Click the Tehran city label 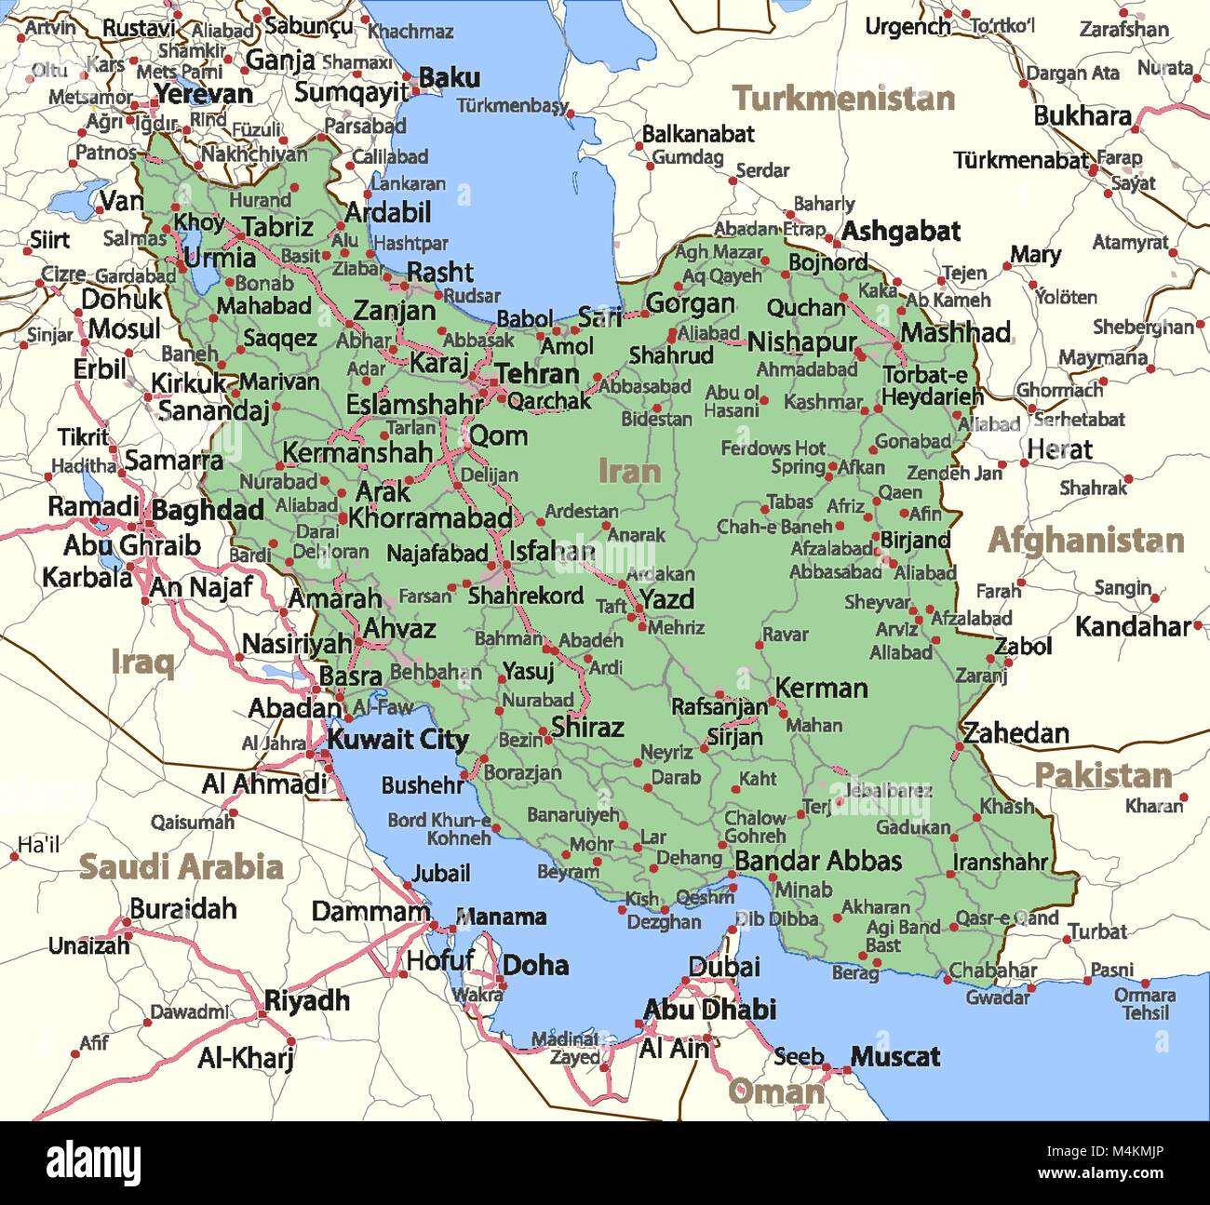point(537,374)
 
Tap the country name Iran point(629,471)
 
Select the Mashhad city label point(955,332)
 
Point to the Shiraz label point(587,727)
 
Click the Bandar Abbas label point(818,861)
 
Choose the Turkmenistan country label point(843,99)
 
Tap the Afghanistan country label point(1085,541)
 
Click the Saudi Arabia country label point(181,866)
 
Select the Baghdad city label point(208,510)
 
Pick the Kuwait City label point(397,740)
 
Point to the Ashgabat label point(901,232)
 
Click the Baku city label point(450,78)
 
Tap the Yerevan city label point(204,94)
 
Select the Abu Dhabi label point(709,1010)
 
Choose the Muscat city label point(894,1057)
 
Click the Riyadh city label point(307,1001)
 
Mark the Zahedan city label point(1015,733)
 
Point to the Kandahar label point(1132,627)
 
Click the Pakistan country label point(1103,775)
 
